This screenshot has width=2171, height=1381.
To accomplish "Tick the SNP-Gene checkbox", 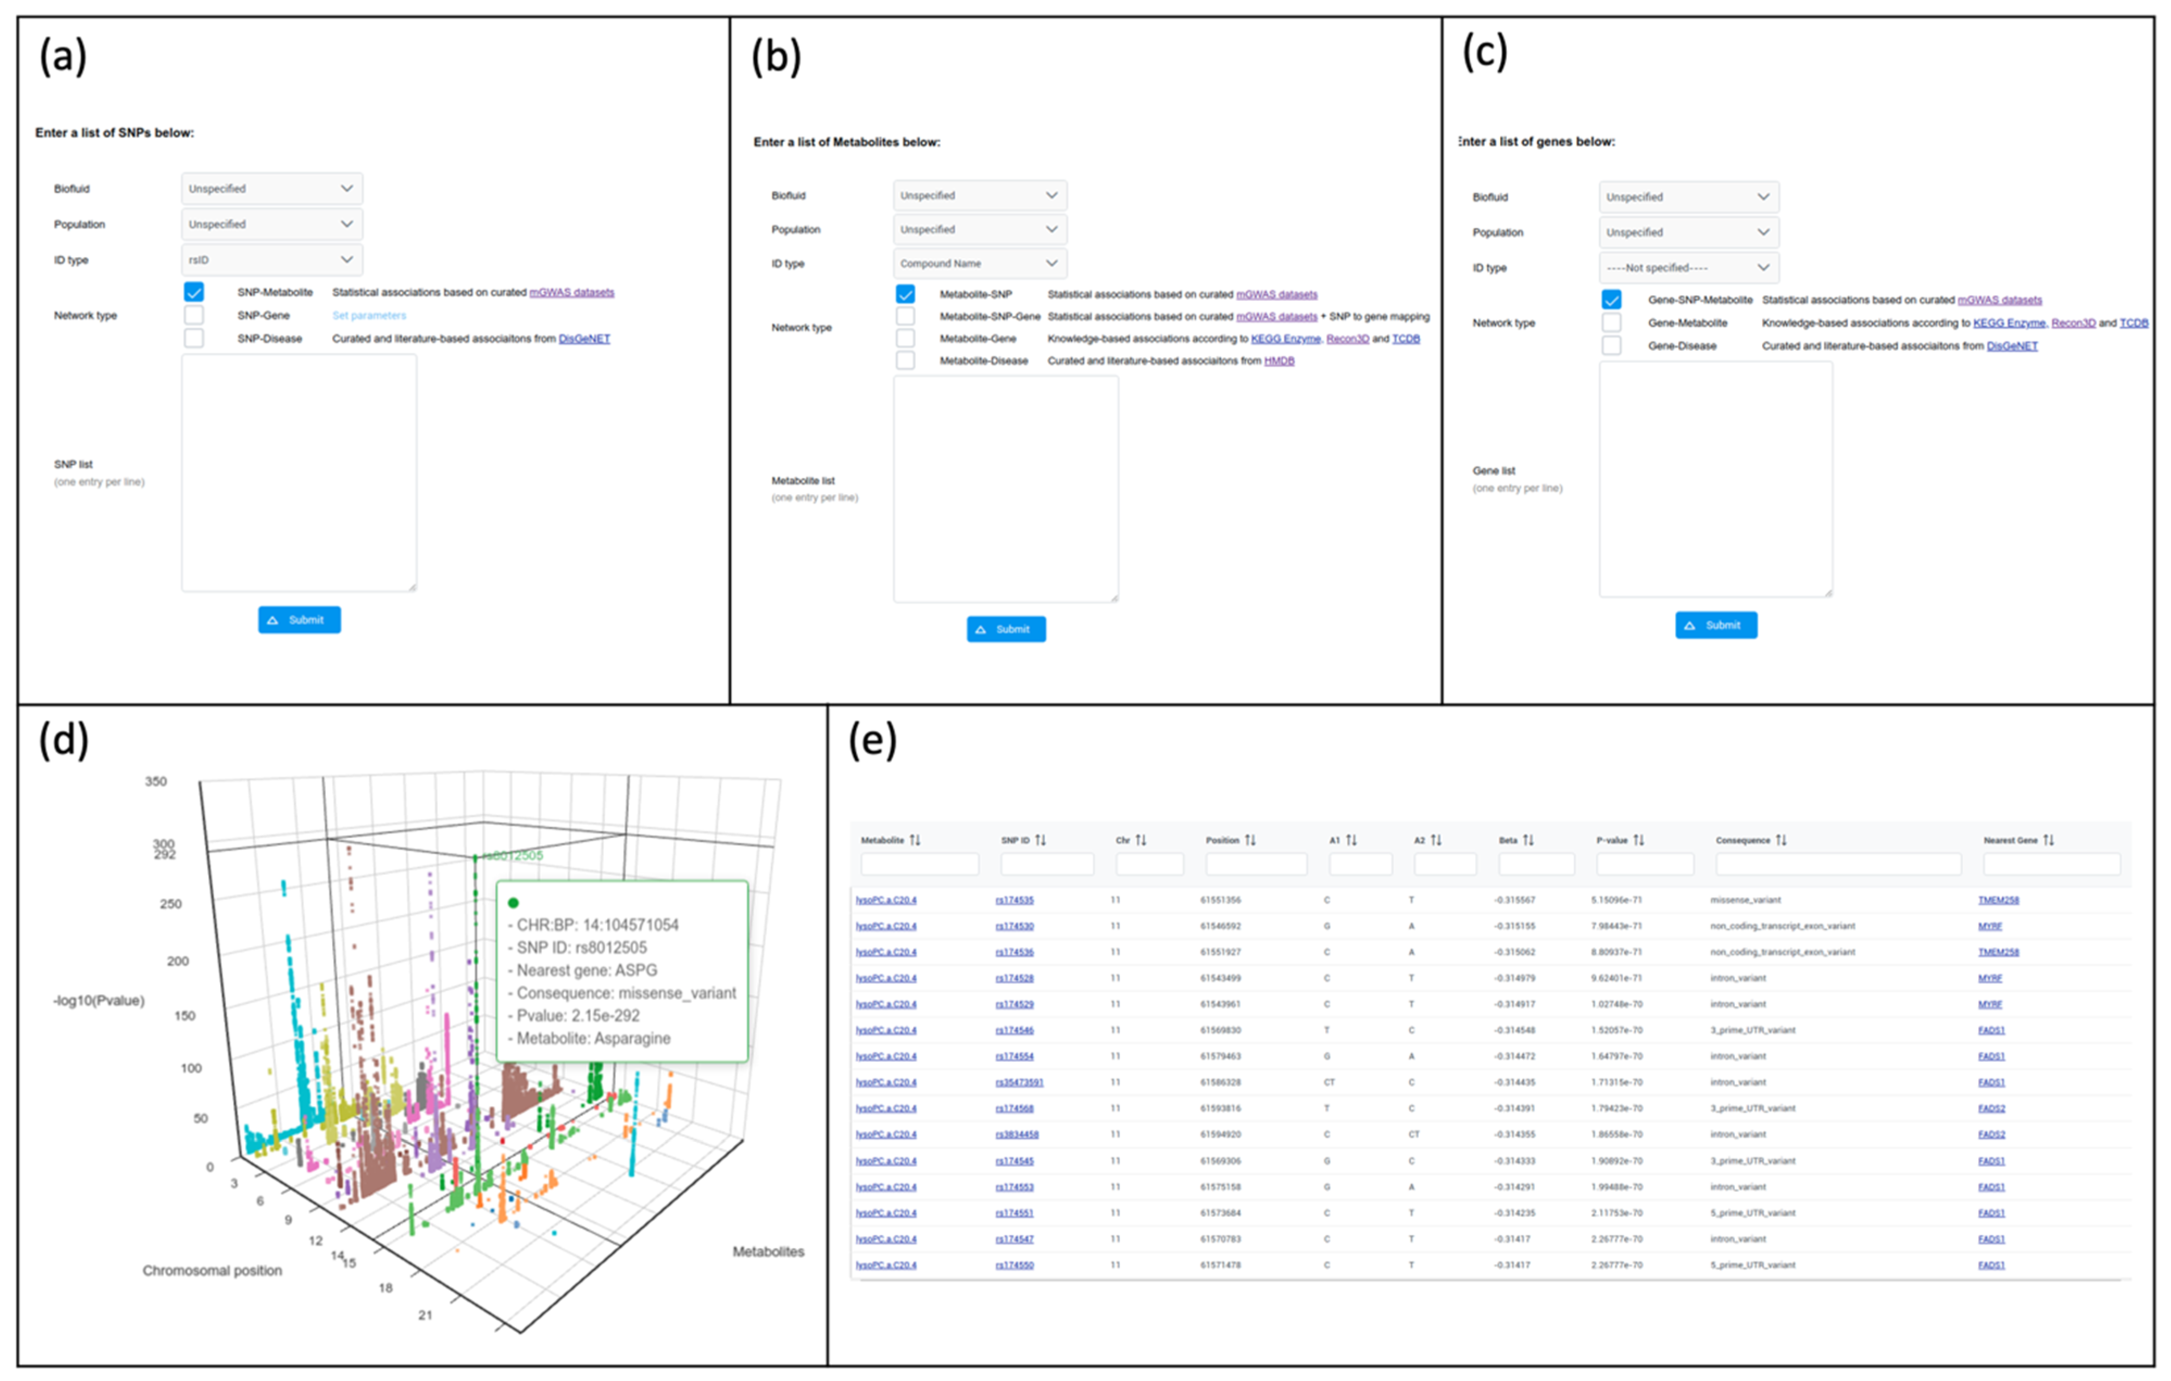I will [194, 315].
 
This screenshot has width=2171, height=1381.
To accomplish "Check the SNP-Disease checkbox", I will [194, 338].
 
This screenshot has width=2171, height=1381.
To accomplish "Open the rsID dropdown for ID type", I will [272, 260].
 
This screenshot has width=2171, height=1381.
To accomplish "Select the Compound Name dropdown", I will [979, 264].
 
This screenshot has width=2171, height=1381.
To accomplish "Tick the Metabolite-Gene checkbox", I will [905, 338].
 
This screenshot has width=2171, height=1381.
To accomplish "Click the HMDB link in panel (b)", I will [1279, 361].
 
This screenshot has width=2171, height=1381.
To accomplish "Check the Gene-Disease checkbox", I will [1611, 346].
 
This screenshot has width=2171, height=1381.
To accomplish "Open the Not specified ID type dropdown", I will [1688, 268].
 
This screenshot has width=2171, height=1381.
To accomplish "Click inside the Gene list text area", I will [1715, 479].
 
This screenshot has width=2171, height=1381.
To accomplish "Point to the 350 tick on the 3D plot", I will [156, 781].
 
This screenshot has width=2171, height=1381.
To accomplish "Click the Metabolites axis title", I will [768, 1251].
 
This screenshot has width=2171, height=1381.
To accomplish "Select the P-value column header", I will [1612, 840].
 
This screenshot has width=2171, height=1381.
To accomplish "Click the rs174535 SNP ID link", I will [1014, 900].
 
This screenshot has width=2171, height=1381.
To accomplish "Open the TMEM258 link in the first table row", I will [1998, 900].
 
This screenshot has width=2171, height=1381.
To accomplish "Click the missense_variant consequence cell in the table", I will [1746, 900].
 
